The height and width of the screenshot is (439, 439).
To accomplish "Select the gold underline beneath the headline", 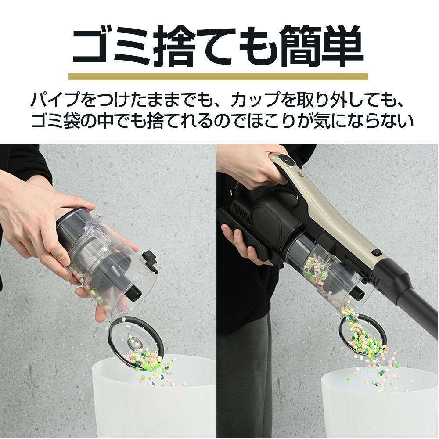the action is point(218,77).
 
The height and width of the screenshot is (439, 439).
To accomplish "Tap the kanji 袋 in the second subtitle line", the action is point(72,121).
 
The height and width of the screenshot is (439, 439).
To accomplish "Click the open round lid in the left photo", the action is point(136,343).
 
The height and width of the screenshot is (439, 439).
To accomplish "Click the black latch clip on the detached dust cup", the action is point(150,261).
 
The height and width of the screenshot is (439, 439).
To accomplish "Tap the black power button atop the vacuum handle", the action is point(287,159).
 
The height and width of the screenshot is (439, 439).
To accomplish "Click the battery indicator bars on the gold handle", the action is point(300,174).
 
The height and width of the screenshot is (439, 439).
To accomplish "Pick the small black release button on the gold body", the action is point(377,253).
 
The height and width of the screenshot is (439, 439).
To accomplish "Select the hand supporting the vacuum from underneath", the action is point(241,244).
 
